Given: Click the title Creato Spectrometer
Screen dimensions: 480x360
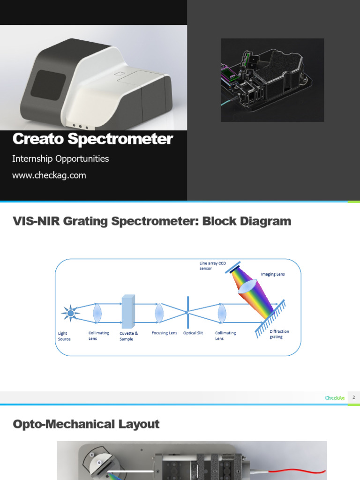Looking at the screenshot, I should [92, 139].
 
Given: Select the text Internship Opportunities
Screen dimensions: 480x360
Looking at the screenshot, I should [60, 159].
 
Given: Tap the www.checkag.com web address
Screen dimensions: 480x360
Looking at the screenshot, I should [49, 176].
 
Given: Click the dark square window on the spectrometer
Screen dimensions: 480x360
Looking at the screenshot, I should [48, 85].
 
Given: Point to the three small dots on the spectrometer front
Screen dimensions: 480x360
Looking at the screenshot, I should [80, 126].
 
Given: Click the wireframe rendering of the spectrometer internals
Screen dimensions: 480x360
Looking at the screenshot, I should [272, 80].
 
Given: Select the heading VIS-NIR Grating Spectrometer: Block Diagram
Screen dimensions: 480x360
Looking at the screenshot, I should [152, 221].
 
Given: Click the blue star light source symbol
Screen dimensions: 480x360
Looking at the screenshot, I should [71, 313].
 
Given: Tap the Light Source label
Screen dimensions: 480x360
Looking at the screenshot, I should [64, 336].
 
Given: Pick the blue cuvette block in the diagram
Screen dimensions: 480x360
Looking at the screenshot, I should [128, 311].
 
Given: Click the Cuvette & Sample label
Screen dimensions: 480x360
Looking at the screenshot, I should [128, 336].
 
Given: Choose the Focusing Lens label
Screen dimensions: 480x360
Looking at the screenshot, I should [164, 333].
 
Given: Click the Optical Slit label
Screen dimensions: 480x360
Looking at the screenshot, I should [193, 333].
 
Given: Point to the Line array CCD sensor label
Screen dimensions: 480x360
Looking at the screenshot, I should [212, 266].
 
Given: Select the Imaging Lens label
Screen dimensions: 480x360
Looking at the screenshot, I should [272, 274].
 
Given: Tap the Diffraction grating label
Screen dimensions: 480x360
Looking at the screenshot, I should [279, 334].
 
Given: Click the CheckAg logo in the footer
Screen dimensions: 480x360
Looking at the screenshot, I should [335, 398].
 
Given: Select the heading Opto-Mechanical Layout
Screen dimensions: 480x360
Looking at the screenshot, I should [86, 424].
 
